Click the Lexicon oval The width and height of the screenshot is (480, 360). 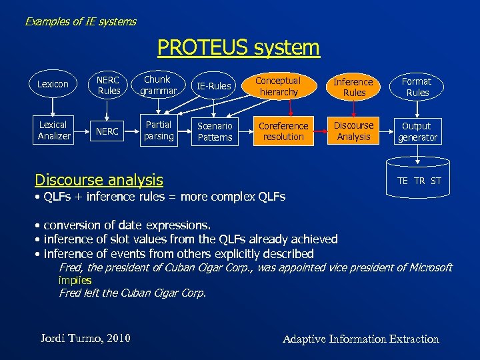coord(53,85)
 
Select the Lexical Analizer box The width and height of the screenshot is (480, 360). coord(53,130)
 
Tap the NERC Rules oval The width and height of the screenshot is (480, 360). coord(109,85)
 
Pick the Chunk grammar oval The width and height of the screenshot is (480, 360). coord(158,85)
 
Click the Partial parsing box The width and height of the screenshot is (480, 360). coord(159,131)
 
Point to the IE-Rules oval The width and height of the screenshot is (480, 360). coord(214,85)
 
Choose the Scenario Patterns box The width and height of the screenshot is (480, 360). coord(215,131)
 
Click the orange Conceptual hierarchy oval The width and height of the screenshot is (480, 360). coord(279,86)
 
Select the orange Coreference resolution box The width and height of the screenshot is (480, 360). coord(283,131)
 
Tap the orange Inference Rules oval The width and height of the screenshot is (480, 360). coord(353,87)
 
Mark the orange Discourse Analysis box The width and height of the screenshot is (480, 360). coord(353,131)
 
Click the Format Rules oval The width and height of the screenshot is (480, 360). coord(417,87)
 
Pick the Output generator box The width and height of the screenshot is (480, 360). coord(417,131)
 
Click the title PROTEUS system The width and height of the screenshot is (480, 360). coord(239,48)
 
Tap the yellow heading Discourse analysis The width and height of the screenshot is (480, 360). coord(99,179)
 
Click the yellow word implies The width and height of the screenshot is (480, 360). coord(75,280)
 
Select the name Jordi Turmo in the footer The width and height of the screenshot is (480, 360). coord(84,339)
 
